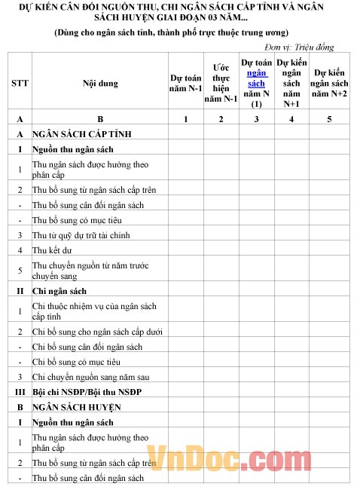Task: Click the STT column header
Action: pos(20,83)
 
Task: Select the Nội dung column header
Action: pos(100,83)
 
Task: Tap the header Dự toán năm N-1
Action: pos(185,83)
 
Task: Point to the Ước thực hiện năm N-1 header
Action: pos(221,83)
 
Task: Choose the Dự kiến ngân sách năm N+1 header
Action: pos(291,83)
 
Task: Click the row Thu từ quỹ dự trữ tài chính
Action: pos(81,235)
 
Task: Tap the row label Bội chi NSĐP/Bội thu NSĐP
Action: pos(87,391)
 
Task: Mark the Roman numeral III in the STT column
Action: pos(20,391)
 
